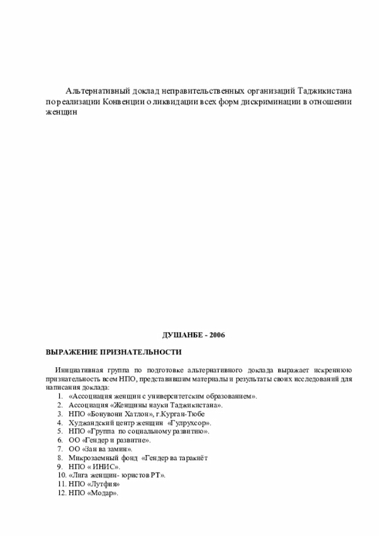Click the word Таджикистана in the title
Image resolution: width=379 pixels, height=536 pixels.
325,91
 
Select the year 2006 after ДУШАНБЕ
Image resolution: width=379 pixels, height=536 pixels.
216,335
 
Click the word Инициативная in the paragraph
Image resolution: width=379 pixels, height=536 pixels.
79,369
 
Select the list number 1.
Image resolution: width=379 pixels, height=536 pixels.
60,396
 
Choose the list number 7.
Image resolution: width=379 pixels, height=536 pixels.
60,450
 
